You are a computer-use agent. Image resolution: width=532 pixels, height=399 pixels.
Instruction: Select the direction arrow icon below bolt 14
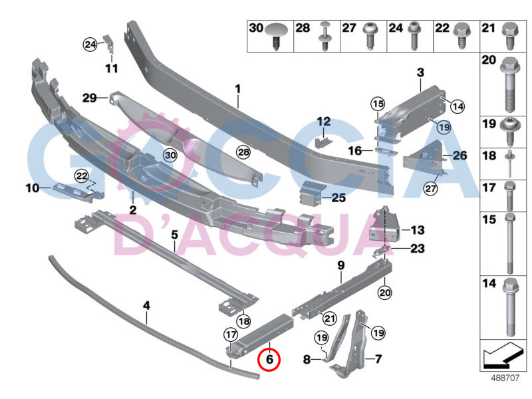tap(502, 355)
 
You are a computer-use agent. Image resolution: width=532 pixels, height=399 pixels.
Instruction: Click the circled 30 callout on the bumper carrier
tap(171, 155)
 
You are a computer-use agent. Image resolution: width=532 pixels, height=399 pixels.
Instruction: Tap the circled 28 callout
tap(243, 153)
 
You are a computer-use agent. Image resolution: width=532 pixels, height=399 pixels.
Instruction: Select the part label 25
tap(338, 198)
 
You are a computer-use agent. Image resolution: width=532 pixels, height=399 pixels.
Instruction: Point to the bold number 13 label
tap(417, 230)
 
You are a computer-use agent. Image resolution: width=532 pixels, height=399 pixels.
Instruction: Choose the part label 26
tap(460, 156)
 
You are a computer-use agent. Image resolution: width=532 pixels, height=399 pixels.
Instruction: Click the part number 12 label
tap(323, 122)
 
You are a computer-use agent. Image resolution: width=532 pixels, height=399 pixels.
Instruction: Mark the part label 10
tap(33, 188)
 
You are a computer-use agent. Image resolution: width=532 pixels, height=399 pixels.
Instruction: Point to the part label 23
tap(418, 249)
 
